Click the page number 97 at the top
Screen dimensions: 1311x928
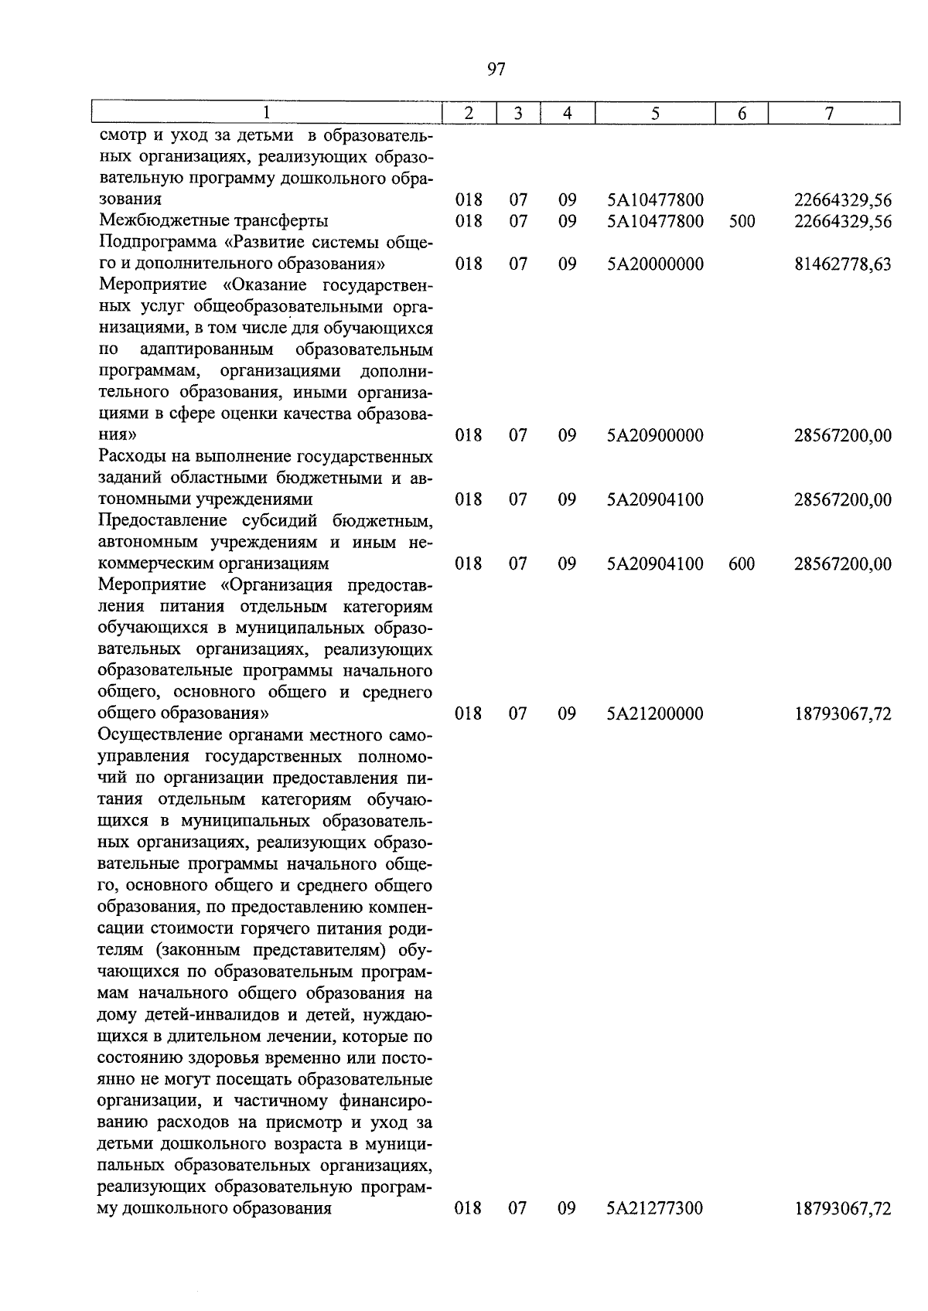496,70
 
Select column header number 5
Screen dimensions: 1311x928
655,113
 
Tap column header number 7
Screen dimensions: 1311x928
829,113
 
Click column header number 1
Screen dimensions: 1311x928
266,113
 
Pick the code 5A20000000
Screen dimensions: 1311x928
655,264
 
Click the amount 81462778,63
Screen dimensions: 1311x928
843,264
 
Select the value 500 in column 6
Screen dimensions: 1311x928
742,222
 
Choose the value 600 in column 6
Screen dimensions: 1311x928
742,564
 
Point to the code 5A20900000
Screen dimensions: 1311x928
655,436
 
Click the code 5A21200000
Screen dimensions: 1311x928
655,713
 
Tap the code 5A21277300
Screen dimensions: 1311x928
655,1207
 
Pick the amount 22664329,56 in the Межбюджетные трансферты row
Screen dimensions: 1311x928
843,222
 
